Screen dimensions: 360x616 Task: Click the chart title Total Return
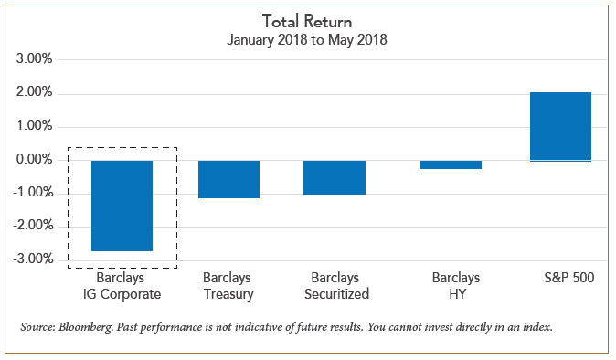(x=307, y=21)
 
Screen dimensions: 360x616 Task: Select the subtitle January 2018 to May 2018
(x=307, y=39)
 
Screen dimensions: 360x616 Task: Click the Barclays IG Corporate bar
(x=122, y=206)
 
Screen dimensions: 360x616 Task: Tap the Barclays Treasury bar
(x=228, y=179)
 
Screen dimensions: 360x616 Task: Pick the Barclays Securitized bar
(x=335, y=177)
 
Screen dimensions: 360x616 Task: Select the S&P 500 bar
(x=560, y=127)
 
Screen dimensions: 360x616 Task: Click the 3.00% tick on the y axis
(x=34, y=60)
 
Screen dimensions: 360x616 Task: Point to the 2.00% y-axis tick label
(x=34, y=94)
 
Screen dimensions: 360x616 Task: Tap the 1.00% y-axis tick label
(x=34, y=127)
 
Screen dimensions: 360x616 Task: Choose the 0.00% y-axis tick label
(x=34, y=161)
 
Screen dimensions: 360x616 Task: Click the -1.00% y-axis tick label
(x=32, y=194)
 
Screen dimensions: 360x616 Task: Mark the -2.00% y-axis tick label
(x=32, y=228)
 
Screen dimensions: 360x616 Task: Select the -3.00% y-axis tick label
(x=32, y=260)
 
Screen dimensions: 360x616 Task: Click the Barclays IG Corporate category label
(x=122, y=285)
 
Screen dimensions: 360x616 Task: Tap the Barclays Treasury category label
(x=228, y=285)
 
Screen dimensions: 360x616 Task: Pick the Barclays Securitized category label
(x=335, y=285)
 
